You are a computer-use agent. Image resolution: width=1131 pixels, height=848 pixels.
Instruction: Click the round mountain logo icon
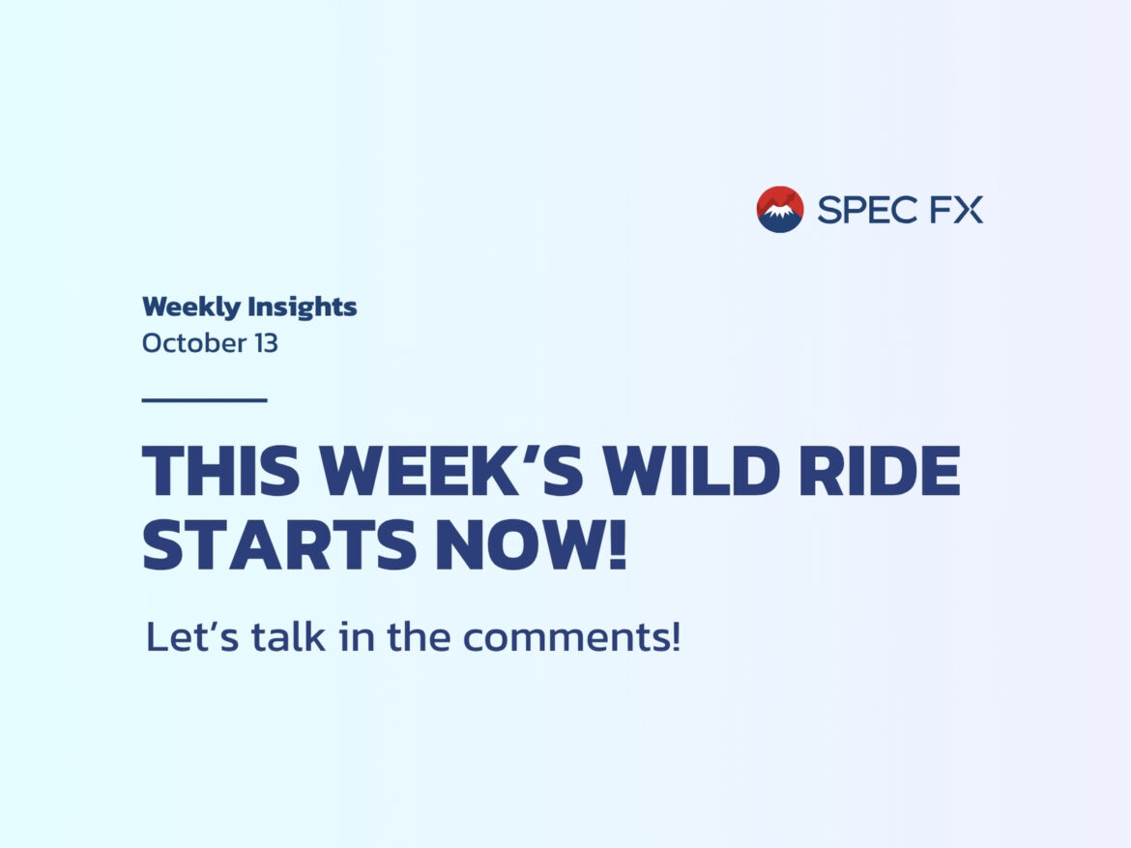[x=780, y=209]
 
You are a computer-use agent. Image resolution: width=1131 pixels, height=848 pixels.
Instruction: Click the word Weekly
[x=191, y=307]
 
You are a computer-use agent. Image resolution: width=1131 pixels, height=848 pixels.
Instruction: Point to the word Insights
[x=303, y=307]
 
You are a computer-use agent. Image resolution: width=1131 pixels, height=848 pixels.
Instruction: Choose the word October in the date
[x=194, y=343]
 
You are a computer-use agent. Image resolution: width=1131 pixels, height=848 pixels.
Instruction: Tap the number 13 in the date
[x=266, y=343]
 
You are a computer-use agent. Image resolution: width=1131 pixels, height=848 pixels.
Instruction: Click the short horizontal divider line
[x=205, y=399]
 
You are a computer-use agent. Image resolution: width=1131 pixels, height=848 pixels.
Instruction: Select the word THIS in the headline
[x=220, y=471]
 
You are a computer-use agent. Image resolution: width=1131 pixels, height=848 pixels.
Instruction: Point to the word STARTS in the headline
[x=279, y=544]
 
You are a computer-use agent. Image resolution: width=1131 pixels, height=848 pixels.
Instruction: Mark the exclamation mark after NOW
[x=618, y=544]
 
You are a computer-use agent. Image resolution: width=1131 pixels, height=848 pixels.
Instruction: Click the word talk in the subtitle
[x=288, y=636]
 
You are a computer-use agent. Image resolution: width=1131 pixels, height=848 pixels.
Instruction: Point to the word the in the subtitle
[x=420, y=636]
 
